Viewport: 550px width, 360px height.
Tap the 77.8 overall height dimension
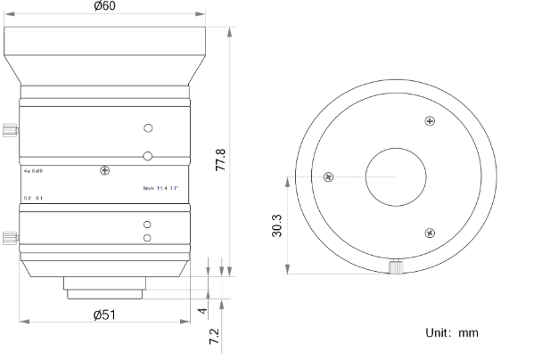220,162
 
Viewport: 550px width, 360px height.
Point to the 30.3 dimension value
276,225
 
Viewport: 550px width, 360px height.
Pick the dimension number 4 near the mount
202,311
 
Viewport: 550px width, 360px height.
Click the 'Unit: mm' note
451,332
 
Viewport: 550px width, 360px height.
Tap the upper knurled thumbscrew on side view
11,130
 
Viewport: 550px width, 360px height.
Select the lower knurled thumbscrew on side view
11,238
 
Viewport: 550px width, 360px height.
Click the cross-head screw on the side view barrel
105,170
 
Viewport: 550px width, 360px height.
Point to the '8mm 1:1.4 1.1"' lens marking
161,188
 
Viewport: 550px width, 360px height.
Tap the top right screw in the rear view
431,121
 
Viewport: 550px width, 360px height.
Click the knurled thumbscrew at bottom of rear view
395,267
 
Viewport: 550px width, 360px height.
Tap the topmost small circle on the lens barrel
149,127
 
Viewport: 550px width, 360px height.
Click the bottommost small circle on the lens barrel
148,238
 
